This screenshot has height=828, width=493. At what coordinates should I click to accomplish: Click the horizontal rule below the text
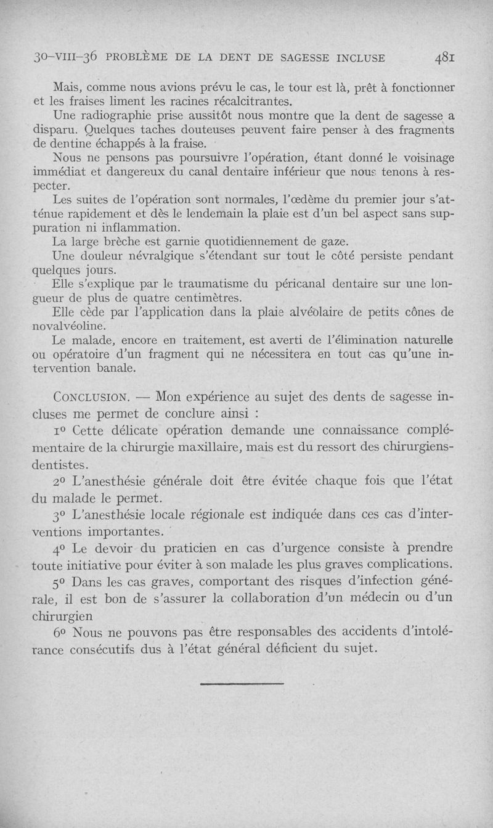pos(242,683)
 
